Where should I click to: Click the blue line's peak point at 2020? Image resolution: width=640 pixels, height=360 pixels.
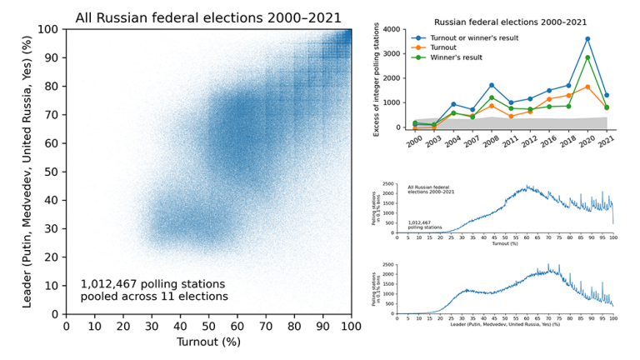pos(587,39)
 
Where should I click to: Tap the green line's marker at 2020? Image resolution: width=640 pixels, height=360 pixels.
pos(587,57)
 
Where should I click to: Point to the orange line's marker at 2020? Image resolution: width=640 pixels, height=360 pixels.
pos(587,87)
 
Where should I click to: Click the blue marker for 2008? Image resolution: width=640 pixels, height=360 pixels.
pos(492,85)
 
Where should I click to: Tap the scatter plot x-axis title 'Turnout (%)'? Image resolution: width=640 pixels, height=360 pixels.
pos(209,342)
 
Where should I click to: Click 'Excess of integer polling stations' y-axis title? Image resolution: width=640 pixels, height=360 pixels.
pos(377,79)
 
